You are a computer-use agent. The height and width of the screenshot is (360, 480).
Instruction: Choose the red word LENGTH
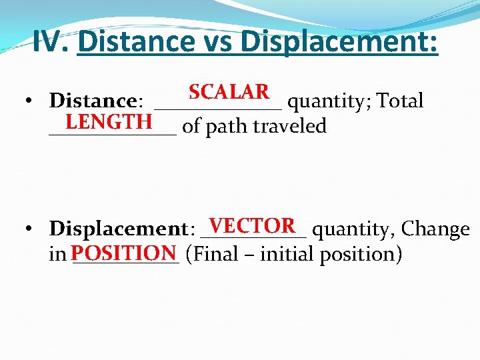tap(109, 121)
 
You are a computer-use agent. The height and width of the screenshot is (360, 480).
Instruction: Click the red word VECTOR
tap(252, 225)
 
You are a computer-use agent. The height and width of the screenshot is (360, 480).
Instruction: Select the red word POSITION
tap(124, 253)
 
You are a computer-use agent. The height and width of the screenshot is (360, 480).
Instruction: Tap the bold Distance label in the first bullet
tap(93, 101)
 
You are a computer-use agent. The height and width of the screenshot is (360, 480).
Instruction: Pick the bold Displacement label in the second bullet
tap(119, 229)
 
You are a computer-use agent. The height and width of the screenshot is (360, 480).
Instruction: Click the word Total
tap(400, 101)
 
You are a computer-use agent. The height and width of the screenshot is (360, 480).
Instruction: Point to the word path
tap(224, 127)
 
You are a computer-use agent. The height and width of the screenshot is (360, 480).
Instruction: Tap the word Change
tap(436, 229)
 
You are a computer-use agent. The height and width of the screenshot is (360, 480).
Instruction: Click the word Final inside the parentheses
tap(214, 255)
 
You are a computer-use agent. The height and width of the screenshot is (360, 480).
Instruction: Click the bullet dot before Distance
tap(31, 101)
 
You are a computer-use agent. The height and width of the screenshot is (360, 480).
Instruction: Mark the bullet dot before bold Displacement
tap(31, 229)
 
